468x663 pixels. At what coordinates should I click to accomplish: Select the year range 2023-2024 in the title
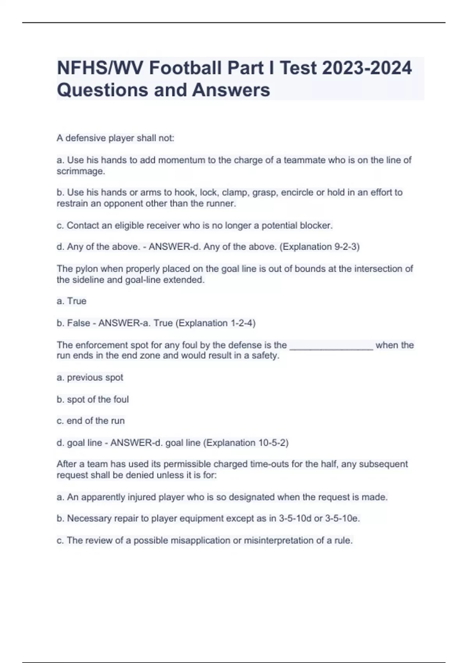pos(367,68)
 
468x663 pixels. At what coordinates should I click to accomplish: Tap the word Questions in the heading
pos(103,90)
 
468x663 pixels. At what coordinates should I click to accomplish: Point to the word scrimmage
pos(80,171)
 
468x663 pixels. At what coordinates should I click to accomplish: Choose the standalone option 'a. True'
pos(72,301)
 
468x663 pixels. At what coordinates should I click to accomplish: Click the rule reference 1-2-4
pos(243,323)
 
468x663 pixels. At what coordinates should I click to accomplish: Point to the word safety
pos(265,356)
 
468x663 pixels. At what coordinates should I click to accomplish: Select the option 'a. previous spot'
pos(90,378)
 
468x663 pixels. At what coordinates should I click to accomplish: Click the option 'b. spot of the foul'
pos(93,399)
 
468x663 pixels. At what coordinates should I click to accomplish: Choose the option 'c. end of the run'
pos(91,421)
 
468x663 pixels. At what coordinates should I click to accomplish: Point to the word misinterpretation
pos(278,541)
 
